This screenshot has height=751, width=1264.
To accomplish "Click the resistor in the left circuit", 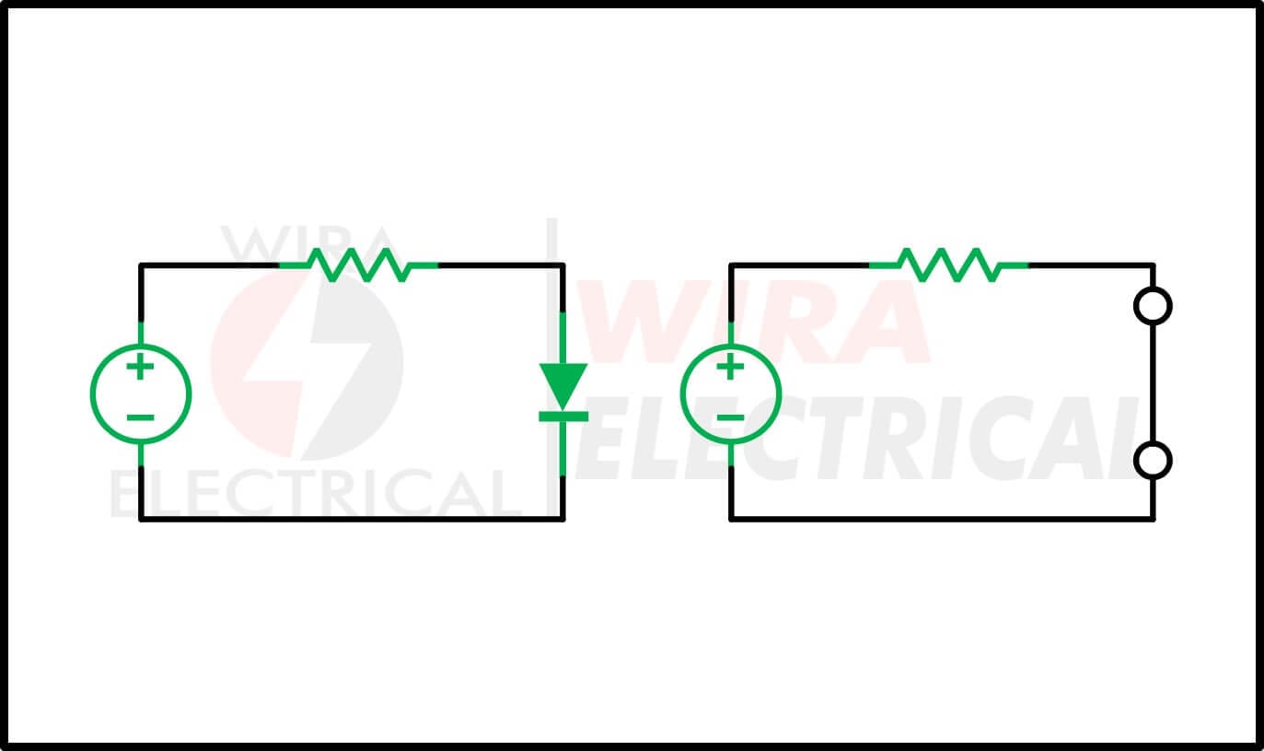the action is coord(359,264).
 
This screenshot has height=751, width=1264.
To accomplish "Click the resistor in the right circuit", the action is coord(949,264).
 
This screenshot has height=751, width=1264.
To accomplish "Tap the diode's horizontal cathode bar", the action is coord(563,417).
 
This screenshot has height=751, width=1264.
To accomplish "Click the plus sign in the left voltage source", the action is coord(141,367).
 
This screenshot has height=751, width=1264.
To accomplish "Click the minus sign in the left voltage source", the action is coord(141,417).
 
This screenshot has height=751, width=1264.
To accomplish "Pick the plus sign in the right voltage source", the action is coord(730,367).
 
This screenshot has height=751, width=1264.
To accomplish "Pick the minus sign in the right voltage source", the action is coord(730,417).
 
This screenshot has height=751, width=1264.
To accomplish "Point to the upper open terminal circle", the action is coord(1153,306).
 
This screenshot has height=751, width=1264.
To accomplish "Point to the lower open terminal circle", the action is coord(1153,461).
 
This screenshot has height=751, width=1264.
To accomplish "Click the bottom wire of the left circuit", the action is coord(352,519).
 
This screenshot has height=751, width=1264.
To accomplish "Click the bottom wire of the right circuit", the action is coord(942,519).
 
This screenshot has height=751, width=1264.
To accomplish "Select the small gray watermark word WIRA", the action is coord(307,241).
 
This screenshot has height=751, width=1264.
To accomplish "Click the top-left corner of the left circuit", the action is coord(141,264).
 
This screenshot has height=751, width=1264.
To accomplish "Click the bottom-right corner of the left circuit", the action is coord(562,519).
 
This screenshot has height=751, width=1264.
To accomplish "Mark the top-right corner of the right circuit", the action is coord(1153,264).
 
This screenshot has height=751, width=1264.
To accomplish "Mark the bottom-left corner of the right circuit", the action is coord(731,519).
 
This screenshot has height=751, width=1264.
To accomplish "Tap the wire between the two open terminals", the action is coord(1153,383).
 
